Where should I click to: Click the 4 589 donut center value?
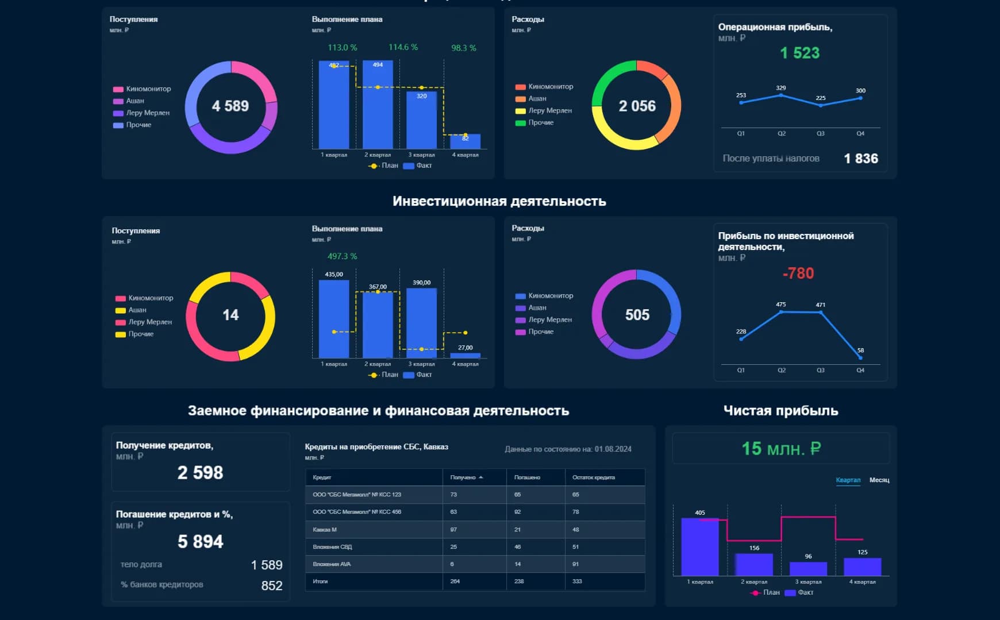(x=230, y=106)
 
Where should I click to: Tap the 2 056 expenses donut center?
(x=637, y=106)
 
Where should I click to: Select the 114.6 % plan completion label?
(x=403, y=47)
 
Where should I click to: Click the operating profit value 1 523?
(x=799, y=53)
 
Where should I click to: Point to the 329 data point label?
(x=780, y=88)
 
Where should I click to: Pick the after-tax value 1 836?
(x=860, y=159)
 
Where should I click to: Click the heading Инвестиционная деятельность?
(x=499, y=201)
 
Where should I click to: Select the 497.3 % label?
(x=342, y=256)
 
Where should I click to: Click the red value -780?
(x=798, y=274)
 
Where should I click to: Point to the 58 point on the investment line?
(x=860, y=357)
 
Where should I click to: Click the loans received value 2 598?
(x=200, y=473)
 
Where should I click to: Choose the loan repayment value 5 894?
(x=200, y=542)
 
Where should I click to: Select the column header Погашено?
(x=527, y=477)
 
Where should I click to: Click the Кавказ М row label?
(x=325, y=530)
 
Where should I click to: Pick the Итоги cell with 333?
(x=577, y=582)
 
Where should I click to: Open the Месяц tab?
(x=879, y=480)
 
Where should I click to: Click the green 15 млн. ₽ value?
(x=780, y=449)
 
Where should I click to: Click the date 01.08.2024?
(x=613, y=449)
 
